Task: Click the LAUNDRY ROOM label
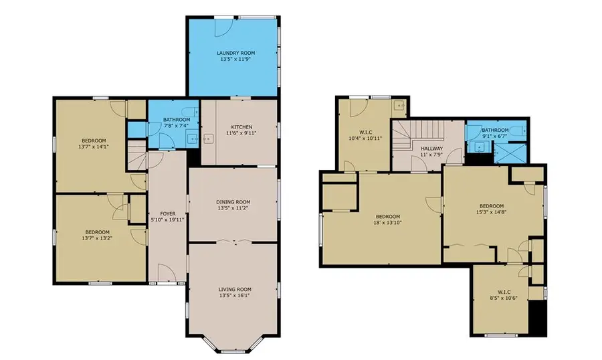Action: tap(235, 53)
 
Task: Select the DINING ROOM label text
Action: tap(233, 202)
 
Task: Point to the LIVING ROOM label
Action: tap(233, 289)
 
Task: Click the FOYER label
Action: tap(167, 213)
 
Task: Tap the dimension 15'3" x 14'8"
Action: tap(491, 213)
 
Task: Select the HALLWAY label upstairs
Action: tap(431, 149)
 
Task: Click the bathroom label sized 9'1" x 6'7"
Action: tap(495, 130)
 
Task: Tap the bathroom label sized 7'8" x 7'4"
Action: tap(177, 120)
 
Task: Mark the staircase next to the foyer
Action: tap(136, 158)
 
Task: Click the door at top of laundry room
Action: tap(222, 25)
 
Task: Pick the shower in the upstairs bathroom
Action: tap(511, 153)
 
